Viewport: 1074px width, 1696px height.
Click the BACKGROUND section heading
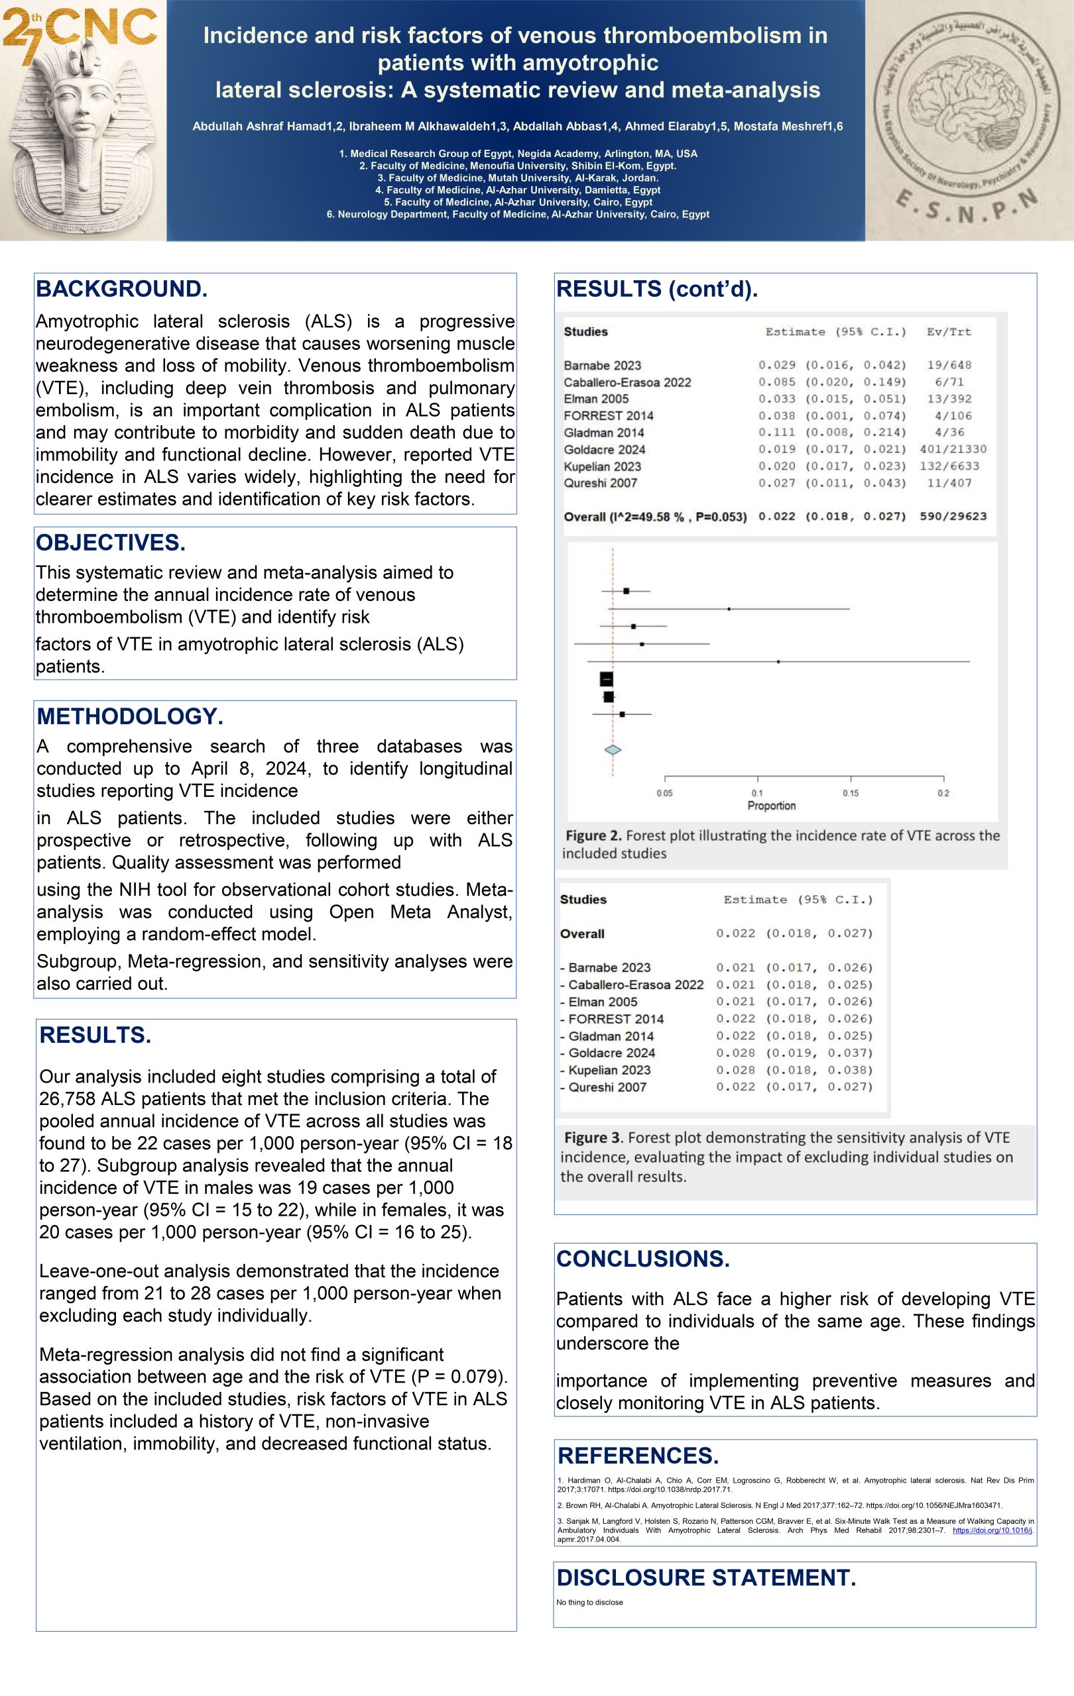coord(121,290)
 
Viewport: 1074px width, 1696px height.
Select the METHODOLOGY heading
coord(130,716)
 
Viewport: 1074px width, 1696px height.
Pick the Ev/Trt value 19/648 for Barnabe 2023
coord(949,365)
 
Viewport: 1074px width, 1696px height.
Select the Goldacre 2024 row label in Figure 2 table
coord(604,449)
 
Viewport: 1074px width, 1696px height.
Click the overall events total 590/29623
coord(953,516)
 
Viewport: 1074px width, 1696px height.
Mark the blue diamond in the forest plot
coord(613,750)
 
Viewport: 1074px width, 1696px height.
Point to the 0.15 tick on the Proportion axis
coord(851,793)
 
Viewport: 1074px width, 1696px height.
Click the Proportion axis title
coord(771,806)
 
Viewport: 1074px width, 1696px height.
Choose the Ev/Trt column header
coord(949,332)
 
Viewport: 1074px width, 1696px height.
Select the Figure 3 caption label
coord(593,1138)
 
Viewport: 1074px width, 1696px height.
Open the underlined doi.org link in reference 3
coord(992,1530)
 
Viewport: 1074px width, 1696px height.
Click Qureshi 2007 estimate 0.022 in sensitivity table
coord(735,1086)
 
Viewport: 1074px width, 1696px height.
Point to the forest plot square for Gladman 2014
coord(778,661)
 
